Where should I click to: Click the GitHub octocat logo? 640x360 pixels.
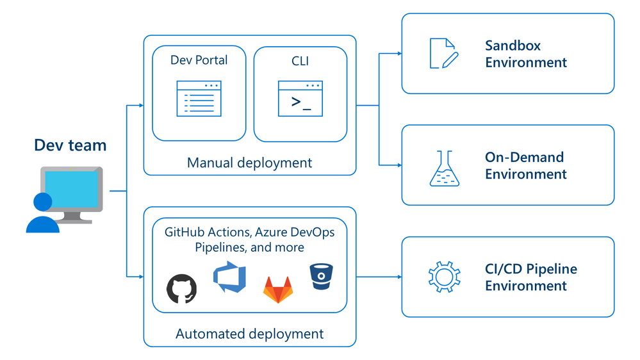click(x=182, y=288)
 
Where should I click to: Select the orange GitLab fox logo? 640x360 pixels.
click(x=277, y=290)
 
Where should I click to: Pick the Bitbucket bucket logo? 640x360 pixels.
click(x=321, y=276)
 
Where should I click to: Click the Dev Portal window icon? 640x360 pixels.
click(x=199, y=99)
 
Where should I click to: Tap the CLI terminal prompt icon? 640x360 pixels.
click(x=300, y=99)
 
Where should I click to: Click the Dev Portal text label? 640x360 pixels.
click(x=199, y=60)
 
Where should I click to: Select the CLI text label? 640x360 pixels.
click(x=300, y=60)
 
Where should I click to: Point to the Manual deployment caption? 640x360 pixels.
click(x=249, y=163)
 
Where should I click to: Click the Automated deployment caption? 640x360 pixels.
click(x=249, y=333)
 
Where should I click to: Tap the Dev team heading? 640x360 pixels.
click(x=70, y=145)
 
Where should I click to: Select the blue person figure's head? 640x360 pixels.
click(x=43, y=202)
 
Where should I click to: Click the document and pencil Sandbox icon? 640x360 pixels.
click(x=443, y=53)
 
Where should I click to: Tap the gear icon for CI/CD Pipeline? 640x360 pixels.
click(x=443, y=277)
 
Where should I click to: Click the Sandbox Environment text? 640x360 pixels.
click(x=525, y=54)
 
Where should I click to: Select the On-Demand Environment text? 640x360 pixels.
click(x=525, y=165)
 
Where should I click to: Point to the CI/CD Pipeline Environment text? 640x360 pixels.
click(x=530, y=277)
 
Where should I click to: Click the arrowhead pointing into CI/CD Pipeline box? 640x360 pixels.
click(x=398, y=277)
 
